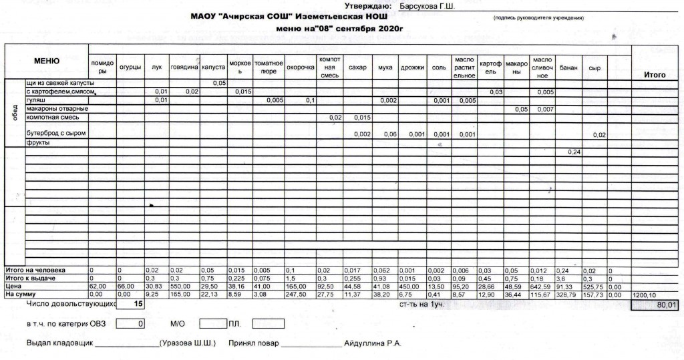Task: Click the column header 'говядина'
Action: pos(184,67)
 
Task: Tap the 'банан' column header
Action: pos(568,67)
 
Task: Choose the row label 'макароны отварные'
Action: pos(57,109)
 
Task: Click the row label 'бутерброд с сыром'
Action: pos(56,134)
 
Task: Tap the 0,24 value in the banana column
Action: pos(574,152)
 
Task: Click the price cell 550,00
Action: pos(181,285)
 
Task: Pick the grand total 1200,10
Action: pos(645,294)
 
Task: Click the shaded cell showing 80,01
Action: pos(657,305)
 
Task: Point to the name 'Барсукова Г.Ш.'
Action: pos(427,6)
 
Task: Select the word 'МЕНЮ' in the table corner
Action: pos(47,61)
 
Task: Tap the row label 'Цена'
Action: pos(14,285)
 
